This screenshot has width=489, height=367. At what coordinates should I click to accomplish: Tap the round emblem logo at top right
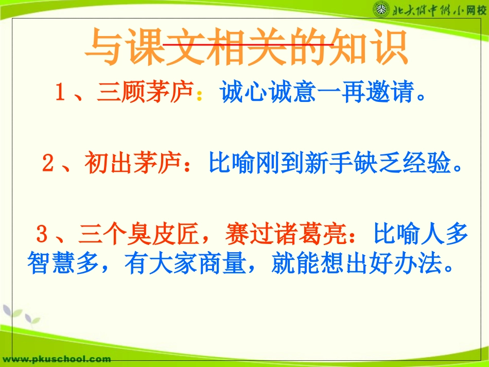pyautogui.click(x=381, y=10)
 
